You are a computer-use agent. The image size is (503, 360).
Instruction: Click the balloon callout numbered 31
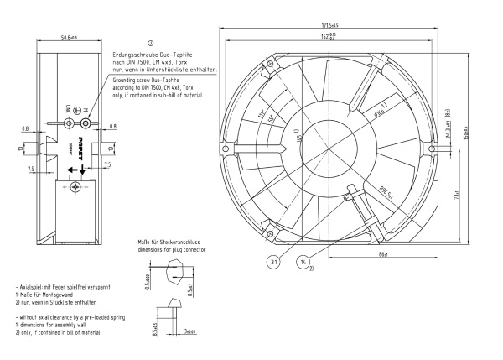274,261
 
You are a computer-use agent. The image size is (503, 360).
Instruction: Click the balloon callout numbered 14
303,261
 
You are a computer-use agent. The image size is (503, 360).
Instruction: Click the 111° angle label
262,115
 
